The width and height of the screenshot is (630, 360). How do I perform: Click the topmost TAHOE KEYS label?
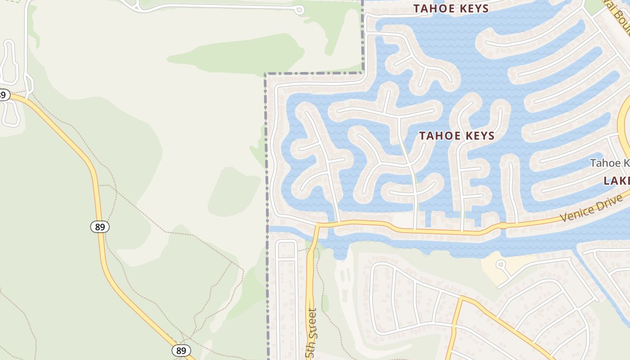[451, 9]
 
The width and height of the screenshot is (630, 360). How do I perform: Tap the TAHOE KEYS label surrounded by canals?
[457, 135]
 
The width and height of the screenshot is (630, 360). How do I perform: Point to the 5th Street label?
[311, 333]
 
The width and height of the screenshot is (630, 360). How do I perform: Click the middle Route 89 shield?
[100, 227]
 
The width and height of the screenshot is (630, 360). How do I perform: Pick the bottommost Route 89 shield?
[181, 350]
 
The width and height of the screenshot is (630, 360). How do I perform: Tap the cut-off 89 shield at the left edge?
[4, 95]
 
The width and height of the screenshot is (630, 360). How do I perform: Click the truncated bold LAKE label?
[617, 181]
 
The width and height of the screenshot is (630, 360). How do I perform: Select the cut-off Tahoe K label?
[610, 163]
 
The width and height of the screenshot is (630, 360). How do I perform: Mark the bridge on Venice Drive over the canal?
[503, 226]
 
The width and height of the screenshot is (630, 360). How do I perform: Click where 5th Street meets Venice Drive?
[318, 224]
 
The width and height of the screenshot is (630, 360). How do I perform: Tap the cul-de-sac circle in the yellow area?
[500, 264]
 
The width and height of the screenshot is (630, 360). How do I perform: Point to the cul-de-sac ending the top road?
[298, 10]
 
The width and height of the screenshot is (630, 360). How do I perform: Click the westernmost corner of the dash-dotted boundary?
[265, 74]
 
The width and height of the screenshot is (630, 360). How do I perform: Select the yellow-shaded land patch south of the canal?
[493, 268]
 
